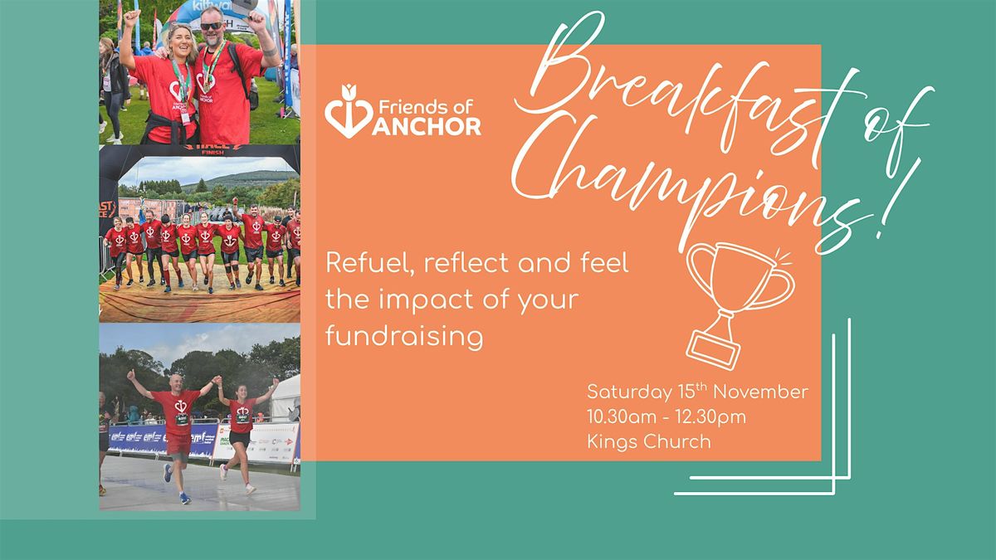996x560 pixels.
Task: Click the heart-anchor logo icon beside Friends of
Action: click(x=349, y=111)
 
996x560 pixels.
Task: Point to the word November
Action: click(x=761, y=392)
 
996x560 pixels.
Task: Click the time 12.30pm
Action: click(x=710, y=417)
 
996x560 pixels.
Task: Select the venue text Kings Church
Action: click(x=649, y=441)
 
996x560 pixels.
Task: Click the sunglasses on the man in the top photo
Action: click(x=211, y=27)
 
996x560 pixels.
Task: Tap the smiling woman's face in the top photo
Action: click(x=181, y=41)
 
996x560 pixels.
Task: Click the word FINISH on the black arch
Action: click(x=212, y=153)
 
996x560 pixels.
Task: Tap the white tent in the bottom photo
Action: click(x=286, y=397)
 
